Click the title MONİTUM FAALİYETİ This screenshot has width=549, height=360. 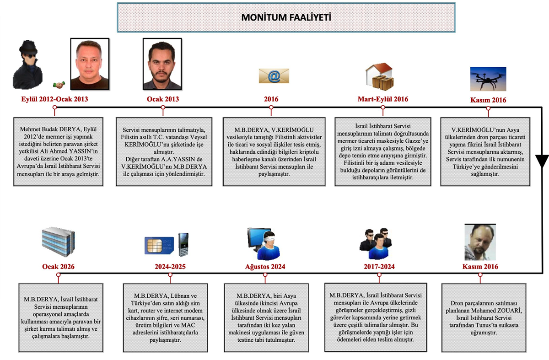click(286, 17)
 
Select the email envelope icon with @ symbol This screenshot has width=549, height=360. click(274, 76)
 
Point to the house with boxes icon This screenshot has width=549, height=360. click(380, 76)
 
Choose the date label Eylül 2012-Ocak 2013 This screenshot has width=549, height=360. click(54, 99)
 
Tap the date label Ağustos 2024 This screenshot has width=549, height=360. click(265, 266)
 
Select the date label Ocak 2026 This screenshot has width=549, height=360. click(58, 266)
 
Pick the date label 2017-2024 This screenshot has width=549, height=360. click(379, 266)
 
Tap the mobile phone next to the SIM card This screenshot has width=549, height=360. click(183, 243)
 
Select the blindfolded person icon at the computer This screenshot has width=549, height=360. click(265, 243)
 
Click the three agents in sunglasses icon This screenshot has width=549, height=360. click(376, 242)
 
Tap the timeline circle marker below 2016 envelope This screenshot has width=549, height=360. click(271, 107)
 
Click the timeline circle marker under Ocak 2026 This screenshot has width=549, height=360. click(58, 274)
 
